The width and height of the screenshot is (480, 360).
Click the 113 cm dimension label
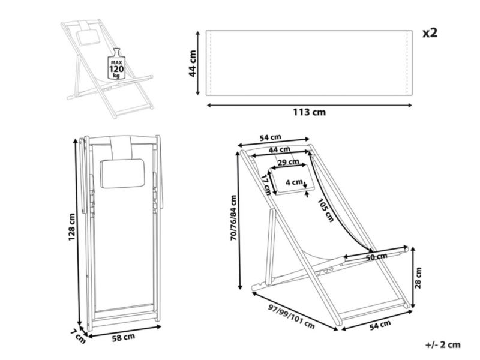click(309, 112)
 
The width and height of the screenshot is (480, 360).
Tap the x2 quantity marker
click(430, 33)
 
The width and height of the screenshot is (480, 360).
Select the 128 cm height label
click(71, 227)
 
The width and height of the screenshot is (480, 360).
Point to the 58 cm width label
click(124, 338)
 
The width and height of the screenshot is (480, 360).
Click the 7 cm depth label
click(78, 336)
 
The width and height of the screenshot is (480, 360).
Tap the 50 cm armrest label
click(377, 257)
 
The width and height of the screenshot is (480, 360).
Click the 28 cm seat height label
click(418, 278)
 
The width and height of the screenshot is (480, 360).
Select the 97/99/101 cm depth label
click(292, 316)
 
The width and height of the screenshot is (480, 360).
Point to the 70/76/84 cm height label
click(234, 218)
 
